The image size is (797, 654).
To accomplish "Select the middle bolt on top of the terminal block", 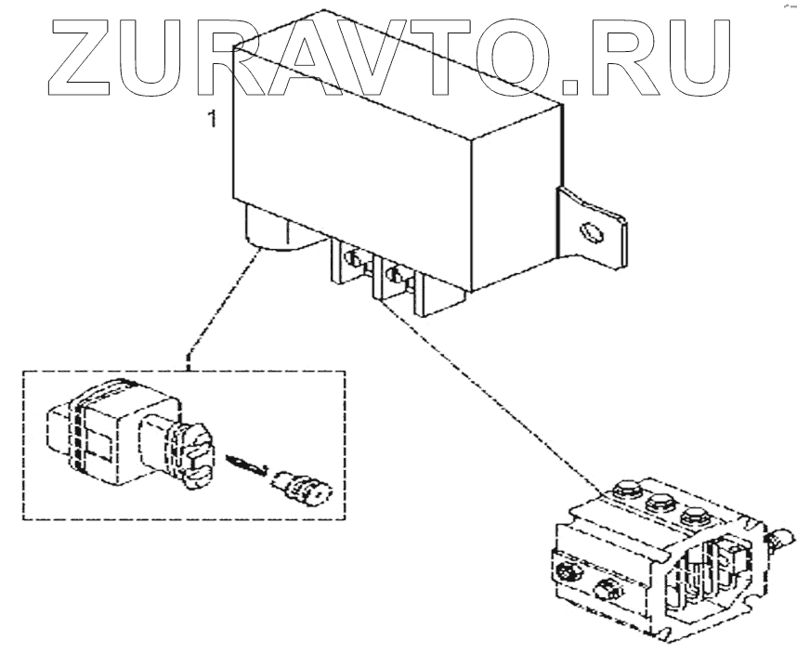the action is [x=660, y=505].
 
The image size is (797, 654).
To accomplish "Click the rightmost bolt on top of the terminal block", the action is [x=692, y=517].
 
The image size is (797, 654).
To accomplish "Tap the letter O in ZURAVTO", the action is [x=510, y=57].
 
